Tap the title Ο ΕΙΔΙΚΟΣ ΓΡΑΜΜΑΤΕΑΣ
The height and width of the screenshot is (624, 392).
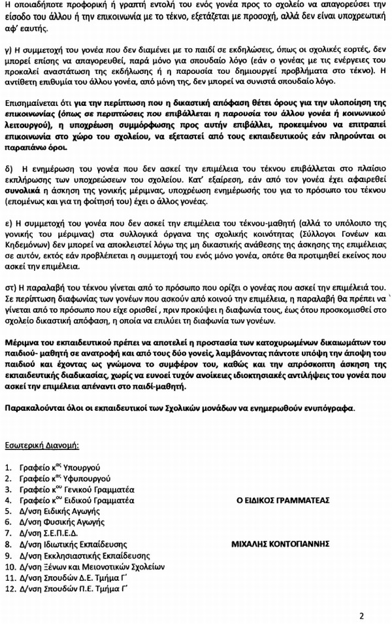[x=282, y=500]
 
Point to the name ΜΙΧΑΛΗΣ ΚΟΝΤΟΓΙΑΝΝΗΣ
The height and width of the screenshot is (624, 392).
[x=281, y=544]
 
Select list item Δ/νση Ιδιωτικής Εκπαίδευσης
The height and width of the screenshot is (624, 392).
[x=73, y=544]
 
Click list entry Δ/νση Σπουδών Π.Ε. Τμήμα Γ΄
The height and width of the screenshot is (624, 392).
[x=73, y=587]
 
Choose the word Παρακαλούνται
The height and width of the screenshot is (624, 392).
[x=32, y=409]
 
